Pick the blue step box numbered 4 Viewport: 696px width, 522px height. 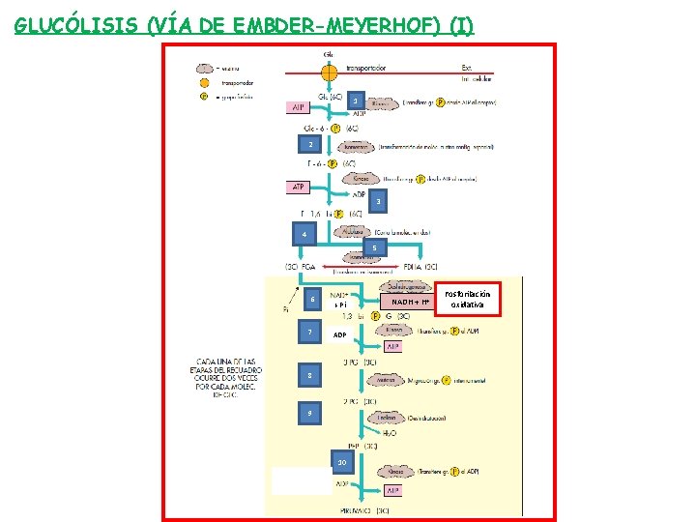[304, 235]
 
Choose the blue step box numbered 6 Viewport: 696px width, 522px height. [312, 300]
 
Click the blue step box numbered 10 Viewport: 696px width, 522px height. [339, 461]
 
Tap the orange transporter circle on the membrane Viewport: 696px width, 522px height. [329, 72]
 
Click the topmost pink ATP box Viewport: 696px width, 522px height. [301, 107]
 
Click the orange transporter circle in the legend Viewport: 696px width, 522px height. [204, 83]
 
